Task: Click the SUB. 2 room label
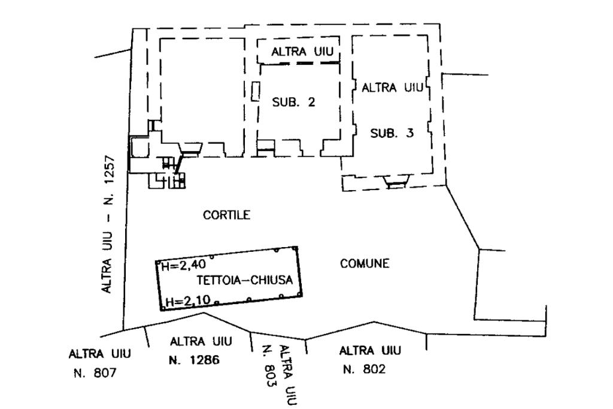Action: tap(293, 102)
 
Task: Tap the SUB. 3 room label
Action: tap(392, 133)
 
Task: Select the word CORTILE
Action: tap(226, 215)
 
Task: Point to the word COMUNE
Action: tap(365, 263)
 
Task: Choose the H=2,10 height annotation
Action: tap(183, 302)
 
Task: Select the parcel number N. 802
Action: tap(364, 369)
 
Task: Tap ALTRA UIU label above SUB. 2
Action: tap(302, 52)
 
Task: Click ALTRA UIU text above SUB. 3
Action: tap(392, 88)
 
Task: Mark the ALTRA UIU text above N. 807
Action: tap(99, 353)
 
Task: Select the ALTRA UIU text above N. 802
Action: tap(370, 350)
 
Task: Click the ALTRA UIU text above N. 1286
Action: tap(196, 342)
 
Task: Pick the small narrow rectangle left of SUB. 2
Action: tap(255, 92)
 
